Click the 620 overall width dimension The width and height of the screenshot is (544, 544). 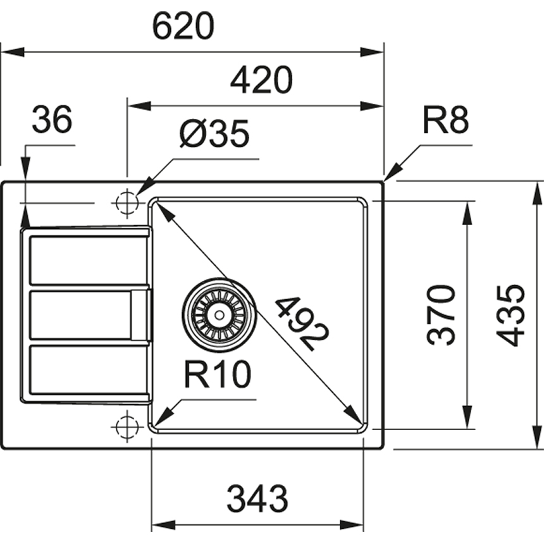click(183, 26)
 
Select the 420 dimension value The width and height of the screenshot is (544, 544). click(261, 81)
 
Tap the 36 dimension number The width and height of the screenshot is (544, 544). click(52, 120)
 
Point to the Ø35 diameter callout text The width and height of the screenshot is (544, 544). click(215, 134)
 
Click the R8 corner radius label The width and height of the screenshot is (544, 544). click(445, 120)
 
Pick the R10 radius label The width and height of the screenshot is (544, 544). click(218, 375)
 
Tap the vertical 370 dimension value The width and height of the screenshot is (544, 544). click(442, 314)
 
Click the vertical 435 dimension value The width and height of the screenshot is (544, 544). click(511, 314)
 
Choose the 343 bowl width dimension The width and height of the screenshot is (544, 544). click(257, 499)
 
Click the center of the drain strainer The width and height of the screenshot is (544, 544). click(219, 314)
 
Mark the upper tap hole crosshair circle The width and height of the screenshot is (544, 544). click(127, 203)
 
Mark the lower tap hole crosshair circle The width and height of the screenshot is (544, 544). click(127, 426)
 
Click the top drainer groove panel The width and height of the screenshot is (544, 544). click(89, 260)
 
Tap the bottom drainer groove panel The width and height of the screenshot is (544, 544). click(89, 372)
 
